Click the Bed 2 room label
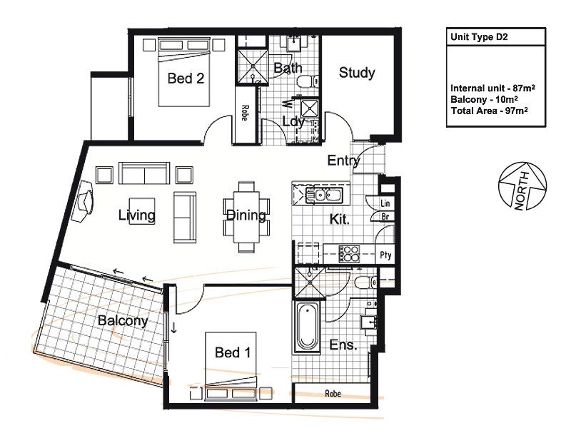click(x=186, y=78)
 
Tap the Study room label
click(x=356, y=73)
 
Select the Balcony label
click(x=123, y=320)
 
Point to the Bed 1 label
click(x=233, y=352)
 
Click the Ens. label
click(x=343, y=345)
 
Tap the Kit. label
click(x=340, y=219)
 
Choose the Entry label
click(x=343, y=160)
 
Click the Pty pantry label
click(x=385, y=255)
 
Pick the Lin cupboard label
click(x=385, y=203)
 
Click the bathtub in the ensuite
click(x=308, y=326)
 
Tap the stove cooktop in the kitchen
click(x=349, y=254)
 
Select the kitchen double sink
click(x=323, y=195)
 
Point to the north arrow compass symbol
click(x=522, y=186)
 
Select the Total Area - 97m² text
click(x=490, y=111)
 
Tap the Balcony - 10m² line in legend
click(x=485, y=99)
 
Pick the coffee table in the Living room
click(x=142, y=210)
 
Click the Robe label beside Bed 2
click(x=245, y=113)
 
